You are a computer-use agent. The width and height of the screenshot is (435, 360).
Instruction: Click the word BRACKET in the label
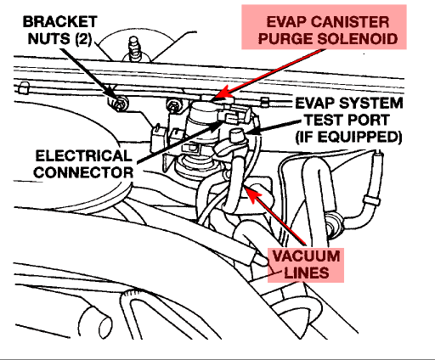tap(60, 22)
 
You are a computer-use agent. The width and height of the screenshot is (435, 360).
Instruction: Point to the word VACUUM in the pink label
tap(306, 256)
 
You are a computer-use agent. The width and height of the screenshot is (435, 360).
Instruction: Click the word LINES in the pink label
tap(307, 273)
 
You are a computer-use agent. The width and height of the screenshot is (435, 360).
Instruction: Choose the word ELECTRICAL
tap(84, 155)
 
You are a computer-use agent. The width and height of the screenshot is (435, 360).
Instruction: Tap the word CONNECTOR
tap(83, 172)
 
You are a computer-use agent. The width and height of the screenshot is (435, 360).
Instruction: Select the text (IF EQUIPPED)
tap(348, 137)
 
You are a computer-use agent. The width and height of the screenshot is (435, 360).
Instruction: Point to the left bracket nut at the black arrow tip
tap(119, 104)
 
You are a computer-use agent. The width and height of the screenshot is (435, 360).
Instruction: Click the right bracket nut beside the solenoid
tap(173, 105)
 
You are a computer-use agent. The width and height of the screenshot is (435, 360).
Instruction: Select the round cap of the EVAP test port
tap(236, 135)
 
